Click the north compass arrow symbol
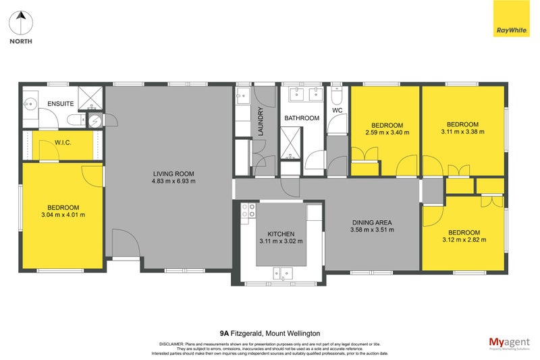click(x=21, y=23)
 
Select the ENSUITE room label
click(x=60, y=104)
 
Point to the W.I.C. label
click(x=63, y=143)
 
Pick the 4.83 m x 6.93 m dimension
click(x=173, y=181)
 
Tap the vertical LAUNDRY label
click(x=260, y=122)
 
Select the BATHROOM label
click(x=301, y=118)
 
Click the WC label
click(x=338, y=111)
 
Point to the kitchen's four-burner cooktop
click(x=248, y=211)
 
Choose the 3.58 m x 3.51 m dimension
click(x=372, y=230)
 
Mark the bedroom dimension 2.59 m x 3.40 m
click(x=387, y=133)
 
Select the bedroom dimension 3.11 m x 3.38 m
click(x=463, y=132)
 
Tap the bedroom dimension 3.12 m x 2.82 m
click(x=463, y=240)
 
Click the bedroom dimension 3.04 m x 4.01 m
click(x=63, y=215)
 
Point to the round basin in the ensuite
click(x=30, y=105)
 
